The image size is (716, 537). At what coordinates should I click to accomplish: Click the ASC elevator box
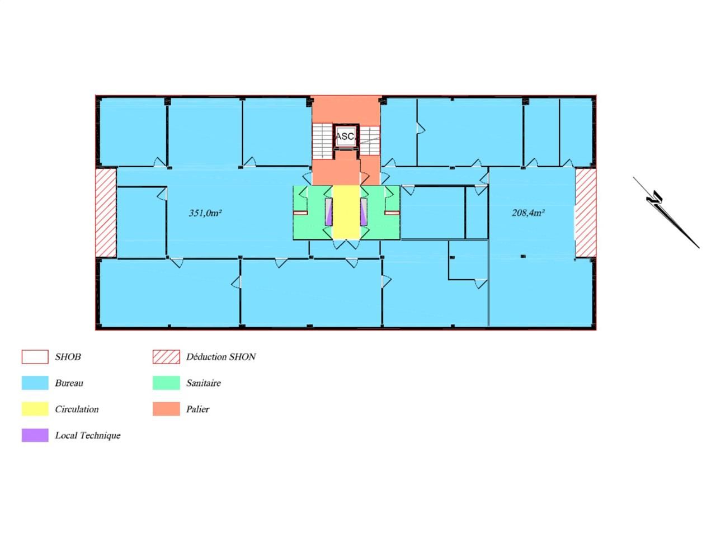[x=345, y=136]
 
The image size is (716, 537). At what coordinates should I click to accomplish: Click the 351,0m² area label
[x=205, y=213]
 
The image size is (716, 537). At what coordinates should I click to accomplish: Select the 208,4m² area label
[x=528, y=213]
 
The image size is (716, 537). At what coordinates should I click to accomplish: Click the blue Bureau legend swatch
[x=35, y=383]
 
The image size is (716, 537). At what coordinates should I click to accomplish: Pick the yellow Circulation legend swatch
[x=35, y=409]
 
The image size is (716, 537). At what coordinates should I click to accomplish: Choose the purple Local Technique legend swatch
[x=35, y=435]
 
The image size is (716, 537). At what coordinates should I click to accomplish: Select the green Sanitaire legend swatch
[x=166, y=383]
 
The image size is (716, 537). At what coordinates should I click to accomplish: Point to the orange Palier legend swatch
[x=166, y=409]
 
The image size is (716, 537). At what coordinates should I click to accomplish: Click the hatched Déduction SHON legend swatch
[x=166, y=357]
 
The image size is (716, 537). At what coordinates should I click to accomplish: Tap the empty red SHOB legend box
[x=35, y=357]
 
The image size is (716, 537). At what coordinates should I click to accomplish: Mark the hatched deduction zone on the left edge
[x=105, y=213]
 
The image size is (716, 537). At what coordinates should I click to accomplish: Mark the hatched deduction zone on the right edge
[x=586, y=213]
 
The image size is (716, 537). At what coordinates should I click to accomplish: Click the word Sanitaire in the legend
[x=204, y=383]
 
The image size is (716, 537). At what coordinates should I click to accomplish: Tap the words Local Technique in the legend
[x=88, y=435]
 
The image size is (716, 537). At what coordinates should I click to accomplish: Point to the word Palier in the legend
[x=197, y=409]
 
